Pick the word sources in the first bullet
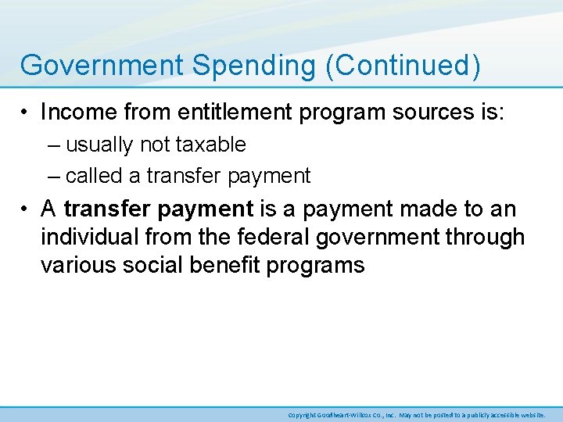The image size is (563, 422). click(432, 113)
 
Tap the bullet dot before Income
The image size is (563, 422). click(27, 113)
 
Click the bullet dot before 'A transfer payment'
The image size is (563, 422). click(27, 210)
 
